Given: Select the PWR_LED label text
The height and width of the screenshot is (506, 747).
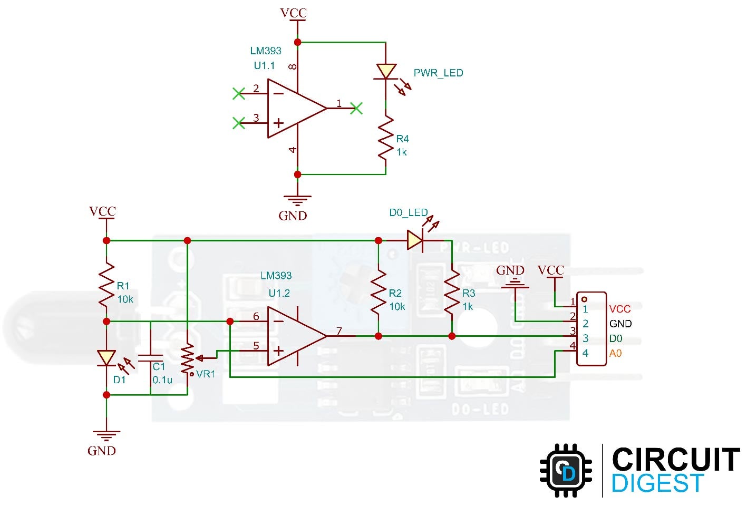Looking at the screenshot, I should [x=438, y=73].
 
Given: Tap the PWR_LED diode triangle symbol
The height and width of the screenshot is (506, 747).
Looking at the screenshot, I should [x=386, y=72].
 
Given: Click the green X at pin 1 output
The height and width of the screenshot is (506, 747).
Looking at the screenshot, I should [x=357, y=108].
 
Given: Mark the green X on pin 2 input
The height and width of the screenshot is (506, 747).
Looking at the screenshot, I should [x=239, y=94].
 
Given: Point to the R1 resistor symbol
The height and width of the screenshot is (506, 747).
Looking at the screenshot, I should [x=106, y=285].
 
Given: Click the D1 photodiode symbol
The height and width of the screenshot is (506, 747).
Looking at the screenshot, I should [x=106, y=358].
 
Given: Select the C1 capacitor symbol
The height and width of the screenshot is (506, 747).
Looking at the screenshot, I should [x=150, y=358].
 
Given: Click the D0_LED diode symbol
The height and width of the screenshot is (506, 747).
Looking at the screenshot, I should [x=415, y=240].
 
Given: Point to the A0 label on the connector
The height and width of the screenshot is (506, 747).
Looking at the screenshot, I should [x=615, y=353].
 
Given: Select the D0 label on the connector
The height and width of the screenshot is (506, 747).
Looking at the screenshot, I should [x=615, y=338].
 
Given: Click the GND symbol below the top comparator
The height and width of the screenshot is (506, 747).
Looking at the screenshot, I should [x=297, y=200].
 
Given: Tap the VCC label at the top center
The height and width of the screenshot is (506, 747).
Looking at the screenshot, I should [x=293, y=13].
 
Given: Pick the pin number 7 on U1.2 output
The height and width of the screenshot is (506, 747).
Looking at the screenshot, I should [x=339, y=330].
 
